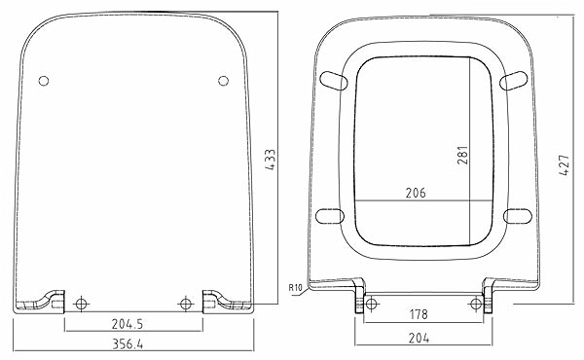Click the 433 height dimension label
(271, 160)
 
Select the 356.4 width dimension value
(128, 344)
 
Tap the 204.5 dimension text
(128, 324)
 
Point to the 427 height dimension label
(565, 164)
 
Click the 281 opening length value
(463, 155)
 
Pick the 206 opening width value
(416, 193)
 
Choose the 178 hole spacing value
(419, 314)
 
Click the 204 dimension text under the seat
(419, 339)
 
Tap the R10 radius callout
(295, 287)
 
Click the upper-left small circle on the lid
(44, 81)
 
